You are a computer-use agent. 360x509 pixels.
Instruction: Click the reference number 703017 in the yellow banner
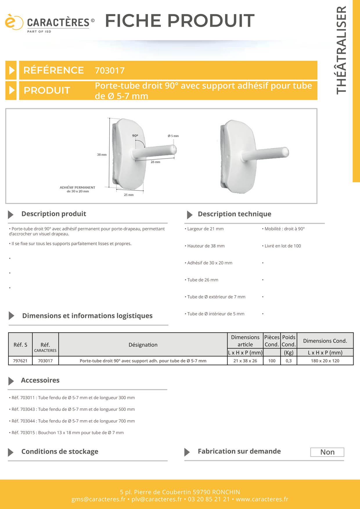point(110,71)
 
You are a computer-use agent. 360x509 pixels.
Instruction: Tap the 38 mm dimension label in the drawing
point(102,155)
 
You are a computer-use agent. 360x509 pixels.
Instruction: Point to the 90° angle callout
point(135,136)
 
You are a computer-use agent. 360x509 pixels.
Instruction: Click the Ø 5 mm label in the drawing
point(173,136)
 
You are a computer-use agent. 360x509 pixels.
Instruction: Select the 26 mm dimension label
point(155,162)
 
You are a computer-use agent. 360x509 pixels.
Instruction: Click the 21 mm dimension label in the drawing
point(129,195)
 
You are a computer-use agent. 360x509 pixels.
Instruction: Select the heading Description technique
point(234,214)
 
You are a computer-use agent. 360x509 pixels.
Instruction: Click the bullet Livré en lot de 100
point(282,246)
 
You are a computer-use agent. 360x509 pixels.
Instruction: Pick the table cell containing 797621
point(20,361)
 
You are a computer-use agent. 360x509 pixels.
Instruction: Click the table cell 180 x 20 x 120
point(325,361)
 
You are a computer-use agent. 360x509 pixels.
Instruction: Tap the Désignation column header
point(143,345)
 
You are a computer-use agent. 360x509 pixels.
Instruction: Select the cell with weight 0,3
point(289,361)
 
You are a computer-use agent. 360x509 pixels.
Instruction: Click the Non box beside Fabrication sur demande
point(327,452)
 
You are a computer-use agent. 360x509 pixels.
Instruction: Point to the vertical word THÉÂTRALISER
point(342,50)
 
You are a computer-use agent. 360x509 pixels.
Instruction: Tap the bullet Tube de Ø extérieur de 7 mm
point(216,297)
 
